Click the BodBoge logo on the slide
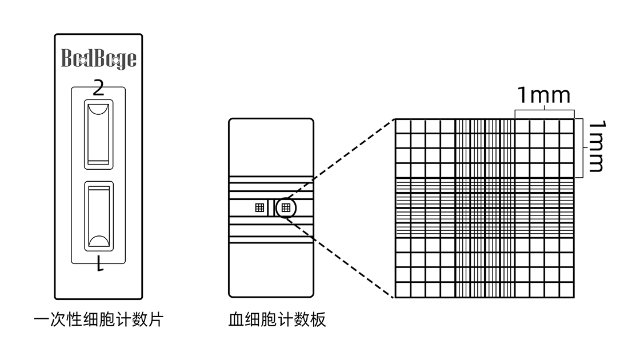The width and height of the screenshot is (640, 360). click(x=98, y=59)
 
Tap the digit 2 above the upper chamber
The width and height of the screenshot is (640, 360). click(x=98, y=89)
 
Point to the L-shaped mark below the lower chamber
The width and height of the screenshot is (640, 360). click(x=100, y=264)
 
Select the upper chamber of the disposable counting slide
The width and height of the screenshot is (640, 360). click(x=98, y=134)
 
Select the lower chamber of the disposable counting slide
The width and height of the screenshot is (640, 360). click(x=98, y=216)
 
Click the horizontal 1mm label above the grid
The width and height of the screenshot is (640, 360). click(x=543, y=95)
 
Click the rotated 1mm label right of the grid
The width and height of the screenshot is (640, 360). click(x=596, y=146)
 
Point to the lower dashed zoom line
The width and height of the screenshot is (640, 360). click(x=343, y=257)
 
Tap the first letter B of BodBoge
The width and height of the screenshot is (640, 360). click(x=66, y=59)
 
